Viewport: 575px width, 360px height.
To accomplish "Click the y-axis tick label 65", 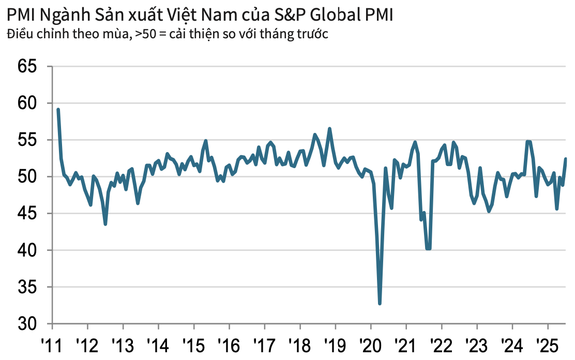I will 28,66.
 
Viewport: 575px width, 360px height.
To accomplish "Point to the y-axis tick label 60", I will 28,103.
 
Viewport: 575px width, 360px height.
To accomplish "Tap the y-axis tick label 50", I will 28,176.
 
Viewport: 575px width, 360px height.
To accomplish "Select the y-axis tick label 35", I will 28,287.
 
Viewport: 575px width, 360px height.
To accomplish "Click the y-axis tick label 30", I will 28,324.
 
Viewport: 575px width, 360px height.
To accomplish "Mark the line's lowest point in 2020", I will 380,304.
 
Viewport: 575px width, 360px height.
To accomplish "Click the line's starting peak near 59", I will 58,110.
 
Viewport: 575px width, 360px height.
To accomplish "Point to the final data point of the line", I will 566,159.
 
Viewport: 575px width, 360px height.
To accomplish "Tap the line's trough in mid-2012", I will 105,224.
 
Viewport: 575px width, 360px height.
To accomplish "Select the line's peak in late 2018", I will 329,129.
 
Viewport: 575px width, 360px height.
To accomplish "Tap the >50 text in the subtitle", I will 145,34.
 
